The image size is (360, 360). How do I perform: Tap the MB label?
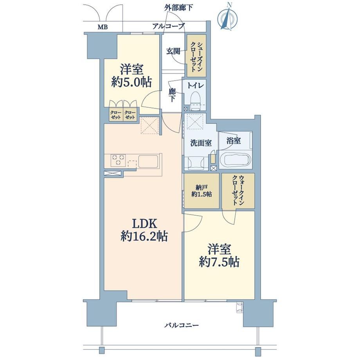point(103,27)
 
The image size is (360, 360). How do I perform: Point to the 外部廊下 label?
point(178,8)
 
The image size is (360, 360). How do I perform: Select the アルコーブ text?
point(169,26)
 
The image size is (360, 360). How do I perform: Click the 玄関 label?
point(173,51)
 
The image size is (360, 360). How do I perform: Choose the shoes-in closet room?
point(196,56)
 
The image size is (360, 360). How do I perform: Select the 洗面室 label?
point(201,143)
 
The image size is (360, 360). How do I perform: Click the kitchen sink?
point(148,162)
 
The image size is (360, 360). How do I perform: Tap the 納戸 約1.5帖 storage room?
point(202,191)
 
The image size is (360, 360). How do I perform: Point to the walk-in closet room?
point(238,191)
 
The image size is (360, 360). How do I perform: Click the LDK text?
point(144,223)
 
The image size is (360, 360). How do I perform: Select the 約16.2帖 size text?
point(144,236)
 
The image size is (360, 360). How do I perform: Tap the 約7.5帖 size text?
point(219,262)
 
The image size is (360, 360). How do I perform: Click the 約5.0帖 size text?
point(131,82)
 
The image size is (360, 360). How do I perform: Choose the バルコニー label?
point(182,325)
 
